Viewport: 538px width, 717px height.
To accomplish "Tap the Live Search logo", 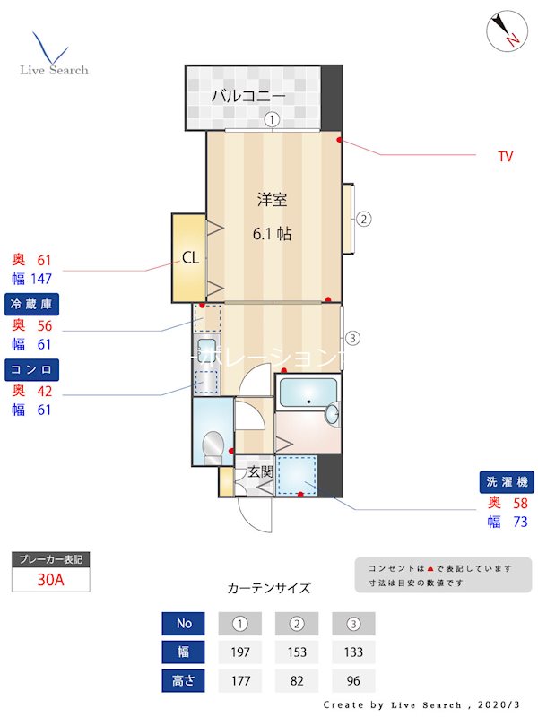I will pyautogui.click(x=54, y=56).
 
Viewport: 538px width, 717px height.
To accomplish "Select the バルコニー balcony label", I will pyautogui.click(x=248, y=96).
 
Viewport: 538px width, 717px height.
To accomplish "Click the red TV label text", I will pyautogui.click(x=506, y=156).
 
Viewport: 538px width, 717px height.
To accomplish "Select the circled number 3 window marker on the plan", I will pyautogui.click(x=353, y=338).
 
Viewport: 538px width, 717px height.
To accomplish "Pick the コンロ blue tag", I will pyautogui.click(x=33, y=368).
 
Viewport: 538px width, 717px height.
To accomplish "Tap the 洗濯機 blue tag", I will pyautogui.click(x=508, y=481).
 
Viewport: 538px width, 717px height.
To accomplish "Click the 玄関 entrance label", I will pyautogui.click(x=260, y=471).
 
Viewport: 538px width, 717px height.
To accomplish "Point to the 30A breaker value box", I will pyautogui.click(x=51, y=579).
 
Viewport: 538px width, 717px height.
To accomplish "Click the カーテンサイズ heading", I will pyautogui.click(x=269, y=589).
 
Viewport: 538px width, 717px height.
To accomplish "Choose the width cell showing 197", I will pyautogui.click(x=240, y=652).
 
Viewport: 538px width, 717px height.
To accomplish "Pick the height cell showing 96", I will pyautogui.click(x=353, y=680).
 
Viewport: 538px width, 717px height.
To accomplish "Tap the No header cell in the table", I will pyautogui.click(x=185, y=623).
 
